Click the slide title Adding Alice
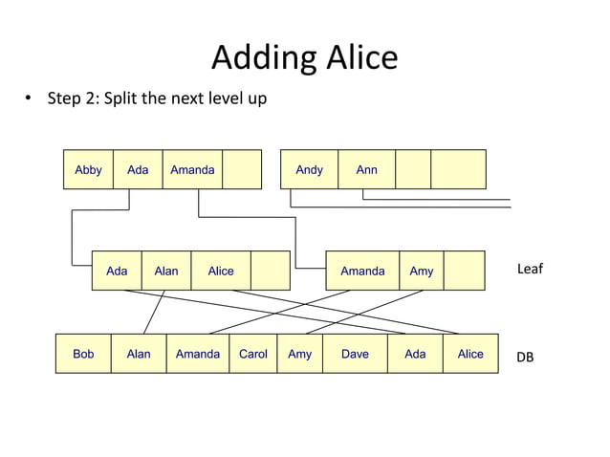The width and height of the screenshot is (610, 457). [304, 58]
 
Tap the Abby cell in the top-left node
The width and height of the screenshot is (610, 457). [88, 170]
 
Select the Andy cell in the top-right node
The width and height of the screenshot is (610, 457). [309, 170]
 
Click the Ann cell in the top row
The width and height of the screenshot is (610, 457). [366, 170]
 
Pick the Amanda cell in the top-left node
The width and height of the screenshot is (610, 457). [192, 170]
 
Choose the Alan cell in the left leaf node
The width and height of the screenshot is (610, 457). [166, 271]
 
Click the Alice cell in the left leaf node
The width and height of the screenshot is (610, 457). [221, 271]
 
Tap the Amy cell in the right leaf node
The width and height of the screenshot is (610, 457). [422, 271]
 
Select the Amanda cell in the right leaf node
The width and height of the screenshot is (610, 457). [362, 271]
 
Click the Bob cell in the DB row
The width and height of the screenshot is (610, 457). [83, 354]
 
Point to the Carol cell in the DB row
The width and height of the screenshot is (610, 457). [252, 354]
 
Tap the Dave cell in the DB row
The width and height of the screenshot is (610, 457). [355, 354]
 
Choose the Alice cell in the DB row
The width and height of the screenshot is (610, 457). [470, 354]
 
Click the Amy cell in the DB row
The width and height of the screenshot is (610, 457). [299, 354]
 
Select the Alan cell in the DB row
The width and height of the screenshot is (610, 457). [139, 354]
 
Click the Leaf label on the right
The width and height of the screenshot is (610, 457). [530, 269]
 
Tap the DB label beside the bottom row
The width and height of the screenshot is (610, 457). [525, 357]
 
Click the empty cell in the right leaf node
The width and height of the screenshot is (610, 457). [465, 271]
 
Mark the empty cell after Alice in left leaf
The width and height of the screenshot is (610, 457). [270, 271]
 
